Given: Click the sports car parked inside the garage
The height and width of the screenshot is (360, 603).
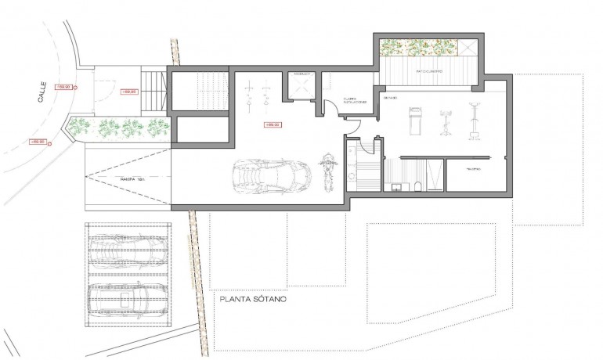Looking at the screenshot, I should [264, 178].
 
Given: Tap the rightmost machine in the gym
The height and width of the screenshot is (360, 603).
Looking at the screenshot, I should [474, 119].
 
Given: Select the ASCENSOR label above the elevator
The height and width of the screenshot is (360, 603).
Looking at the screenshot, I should [302, 74].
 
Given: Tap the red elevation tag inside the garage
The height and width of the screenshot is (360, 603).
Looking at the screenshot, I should [273, 124].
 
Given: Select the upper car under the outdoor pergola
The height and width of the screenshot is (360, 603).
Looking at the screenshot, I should [128, 251].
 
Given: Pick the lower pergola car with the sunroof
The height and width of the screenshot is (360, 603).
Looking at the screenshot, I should [128, 297].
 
